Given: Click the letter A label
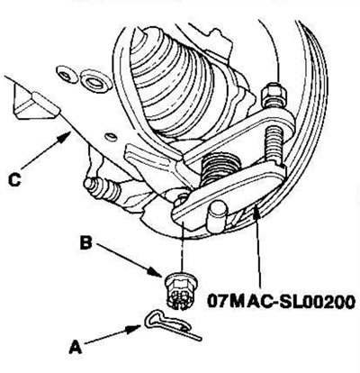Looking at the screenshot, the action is pyautogui.click(x=76, y=348).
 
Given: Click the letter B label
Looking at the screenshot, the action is pyautogui.click(x=85, y=242).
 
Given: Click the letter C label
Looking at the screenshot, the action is pyautogui.click(x=14, y=180).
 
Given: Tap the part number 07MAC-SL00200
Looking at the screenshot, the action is pyautogui.click(x=281, y=302).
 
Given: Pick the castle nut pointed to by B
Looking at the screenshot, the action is pyautogui.click(x=180, y=290).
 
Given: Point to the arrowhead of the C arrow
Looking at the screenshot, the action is pyautogui.click(x=65, y=137).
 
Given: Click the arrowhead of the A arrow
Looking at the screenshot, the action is pyautogui.click(x=134, y=328).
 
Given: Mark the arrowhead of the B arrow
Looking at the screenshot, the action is pyautogui.click(x=157, y=272).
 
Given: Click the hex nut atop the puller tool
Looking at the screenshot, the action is pyautogui.click(x=274, y=94).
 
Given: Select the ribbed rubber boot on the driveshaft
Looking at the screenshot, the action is pyautogui.click(x=180, y=84).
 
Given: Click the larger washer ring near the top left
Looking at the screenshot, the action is pyautogui.click(x=96, y=79).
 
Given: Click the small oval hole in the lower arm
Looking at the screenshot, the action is pyautogui.click(x=112, y=137).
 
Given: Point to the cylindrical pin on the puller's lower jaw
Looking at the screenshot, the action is pyautogui.click(x=216, y=217).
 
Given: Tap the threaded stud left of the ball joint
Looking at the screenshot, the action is pyautogui.click(x=103, y=190).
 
